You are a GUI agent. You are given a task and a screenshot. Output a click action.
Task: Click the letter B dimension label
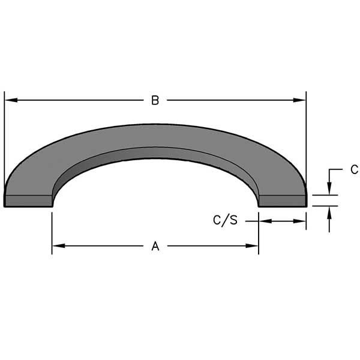155,100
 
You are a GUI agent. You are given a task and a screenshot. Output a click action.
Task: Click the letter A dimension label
155,246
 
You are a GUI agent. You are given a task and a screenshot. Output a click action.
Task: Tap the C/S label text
225,220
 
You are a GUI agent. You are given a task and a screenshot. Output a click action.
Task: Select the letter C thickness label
355,170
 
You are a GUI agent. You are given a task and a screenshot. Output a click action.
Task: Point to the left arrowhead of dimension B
11,100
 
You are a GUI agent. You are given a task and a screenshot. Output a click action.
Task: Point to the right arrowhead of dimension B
299,100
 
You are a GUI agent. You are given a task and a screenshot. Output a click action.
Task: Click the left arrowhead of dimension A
59,246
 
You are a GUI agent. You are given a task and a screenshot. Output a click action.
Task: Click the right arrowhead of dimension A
252,246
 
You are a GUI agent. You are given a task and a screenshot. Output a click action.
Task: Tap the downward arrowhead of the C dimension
329,188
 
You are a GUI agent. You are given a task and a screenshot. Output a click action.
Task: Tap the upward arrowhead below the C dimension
329,213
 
